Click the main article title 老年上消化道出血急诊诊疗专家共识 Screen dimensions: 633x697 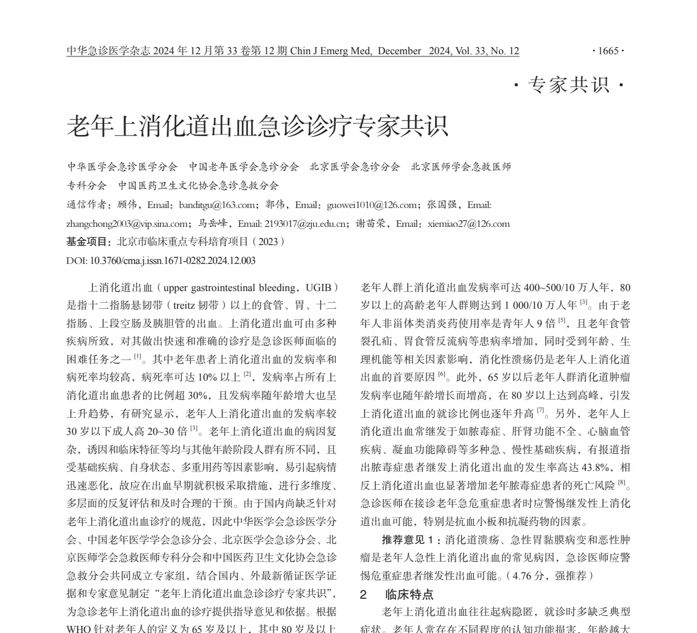coord(257,126)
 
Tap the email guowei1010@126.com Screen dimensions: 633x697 coord(372,205)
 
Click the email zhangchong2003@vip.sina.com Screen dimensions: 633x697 coord(127,224)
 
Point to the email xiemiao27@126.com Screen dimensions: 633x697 coord(469,224)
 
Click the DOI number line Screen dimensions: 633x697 coord(161,261)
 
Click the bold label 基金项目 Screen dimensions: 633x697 coord(89,242)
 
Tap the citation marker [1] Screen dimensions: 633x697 coord(138,357)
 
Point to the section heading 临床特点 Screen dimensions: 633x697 coord(409,594)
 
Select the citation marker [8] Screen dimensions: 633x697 coord(622,483)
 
